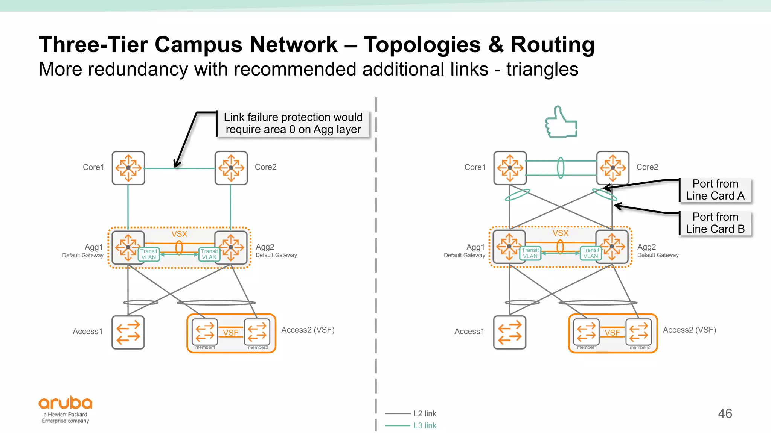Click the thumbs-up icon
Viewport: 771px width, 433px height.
[x=561, y=123]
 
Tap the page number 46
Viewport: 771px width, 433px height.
[x=725, y=413]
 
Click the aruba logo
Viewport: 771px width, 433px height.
[x=66, y=409]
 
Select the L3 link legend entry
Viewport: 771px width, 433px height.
[x=424, y=425]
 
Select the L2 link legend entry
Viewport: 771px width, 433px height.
[x=424, y=413]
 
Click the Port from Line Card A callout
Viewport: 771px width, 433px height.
[x=715, y=190]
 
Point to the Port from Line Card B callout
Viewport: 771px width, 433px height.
[x=715, y=223]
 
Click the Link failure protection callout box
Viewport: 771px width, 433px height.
[x=293, y=123]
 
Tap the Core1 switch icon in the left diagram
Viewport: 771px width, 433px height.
[x=128, y=168]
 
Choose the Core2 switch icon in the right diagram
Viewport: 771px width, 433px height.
[x=613, y=168]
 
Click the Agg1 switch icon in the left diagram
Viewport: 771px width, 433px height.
[x=128, y=247]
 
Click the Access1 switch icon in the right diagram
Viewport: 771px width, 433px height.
[x=509, y=332]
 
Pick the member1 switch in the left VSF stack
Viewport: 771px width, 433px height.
[x=205, y=332]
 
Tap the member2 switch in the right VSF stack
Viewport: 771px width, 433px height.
[x=639, y=332]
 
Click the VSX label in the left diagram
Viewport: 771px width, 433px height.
[x=179, y=234]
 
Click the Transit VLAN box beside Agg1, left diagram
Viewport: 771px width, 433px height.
[x=149, y=254]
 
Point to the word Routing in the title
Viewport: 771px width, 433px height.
[x=552, y=44]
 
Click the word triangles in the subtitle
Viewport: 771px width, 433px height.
[x=542, y=69]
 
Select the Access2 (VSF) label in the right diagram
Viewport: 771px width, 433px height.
[x=689, y=330]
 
